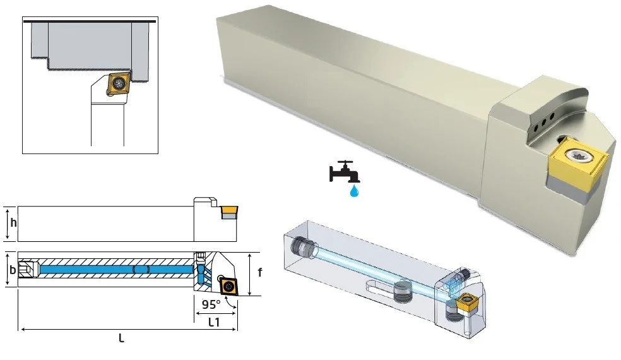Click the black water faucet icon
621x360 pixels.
(x=344, y=172)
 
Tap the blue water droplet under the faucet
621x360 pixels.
(x=353, y=191)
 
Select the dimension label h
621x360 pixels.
(x=14, y=222)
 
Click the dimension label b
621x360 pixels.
(x=13, y=270)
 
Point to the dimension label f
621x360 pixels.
(x=260, y=272)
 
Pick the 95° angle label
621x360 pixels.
(x=211, y=304)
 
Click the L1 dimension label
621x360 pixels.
(x=214, y=322)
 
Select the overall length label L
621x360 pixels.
(x=122, y=338)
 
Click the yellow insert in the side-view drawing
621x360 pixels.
(x=229, y=209)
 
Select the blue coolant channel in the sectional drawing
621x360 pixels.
(x=117, y=269)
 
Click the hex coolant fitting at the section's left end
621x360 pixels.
(x=27, y=269)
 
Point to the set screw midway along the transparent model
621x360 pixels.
(x=403, y=291)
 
